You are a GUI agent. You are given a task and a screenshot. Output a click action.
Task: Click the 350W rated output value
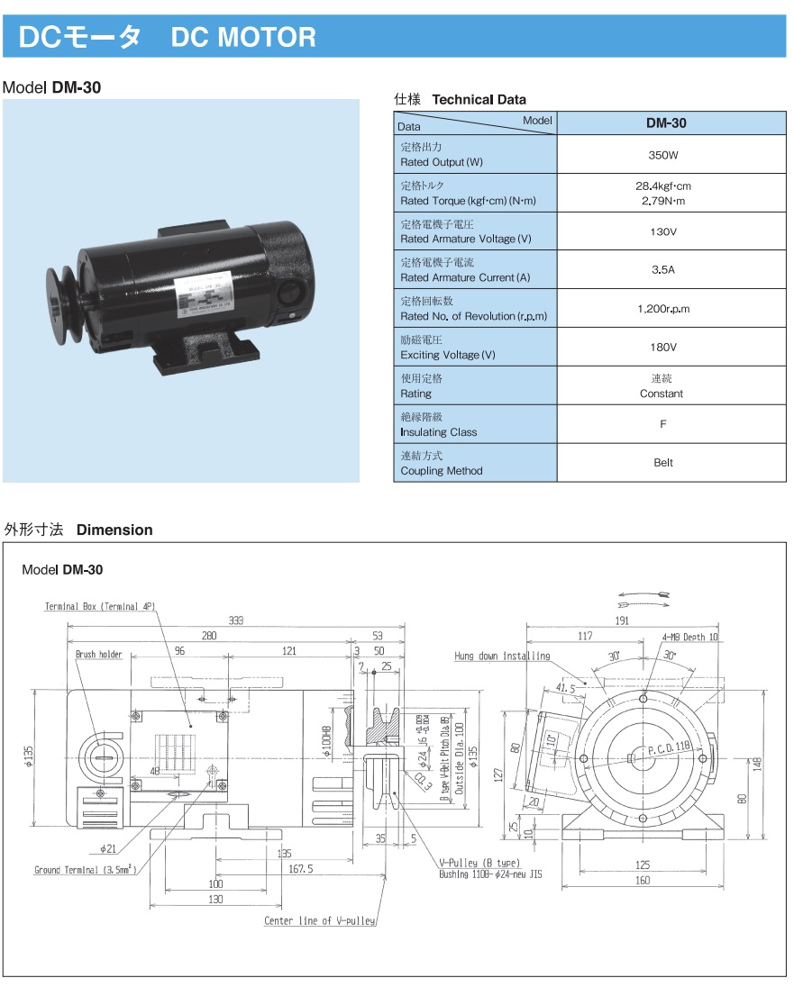[x=662, y=155]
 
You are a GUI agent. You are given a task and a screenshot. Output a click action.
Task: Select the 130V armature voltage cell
[x=662, y=231]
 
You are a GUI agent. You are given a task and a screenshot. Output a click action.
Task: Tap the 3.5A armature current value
[x=662, y=270]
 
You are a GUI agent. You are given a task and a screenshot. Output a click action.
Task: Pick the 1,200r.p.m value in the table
[x=662, y=309]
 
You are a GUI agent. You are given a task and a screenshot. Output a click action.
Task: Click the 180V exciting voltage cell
[x=662, y=348]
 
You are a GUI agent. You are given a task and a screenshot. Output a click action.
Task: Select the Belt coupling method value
[x=662, y=463]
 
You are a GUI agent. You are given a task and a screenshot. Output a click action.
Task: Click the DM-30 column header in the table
[x=666, y=123]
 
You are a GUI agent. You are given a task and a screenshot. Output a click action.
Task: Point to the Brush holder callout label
[x=98, y=655]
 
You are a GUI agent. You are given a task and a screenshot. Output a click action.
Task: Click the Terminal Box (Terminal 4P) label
[x=98, y=607]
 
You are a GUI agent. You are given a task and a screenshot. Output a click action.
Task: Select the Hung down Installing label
[x=502, y=656]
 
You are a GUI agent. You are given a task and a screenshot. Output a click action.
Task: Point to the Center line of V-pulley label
[x=319, y=920]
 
